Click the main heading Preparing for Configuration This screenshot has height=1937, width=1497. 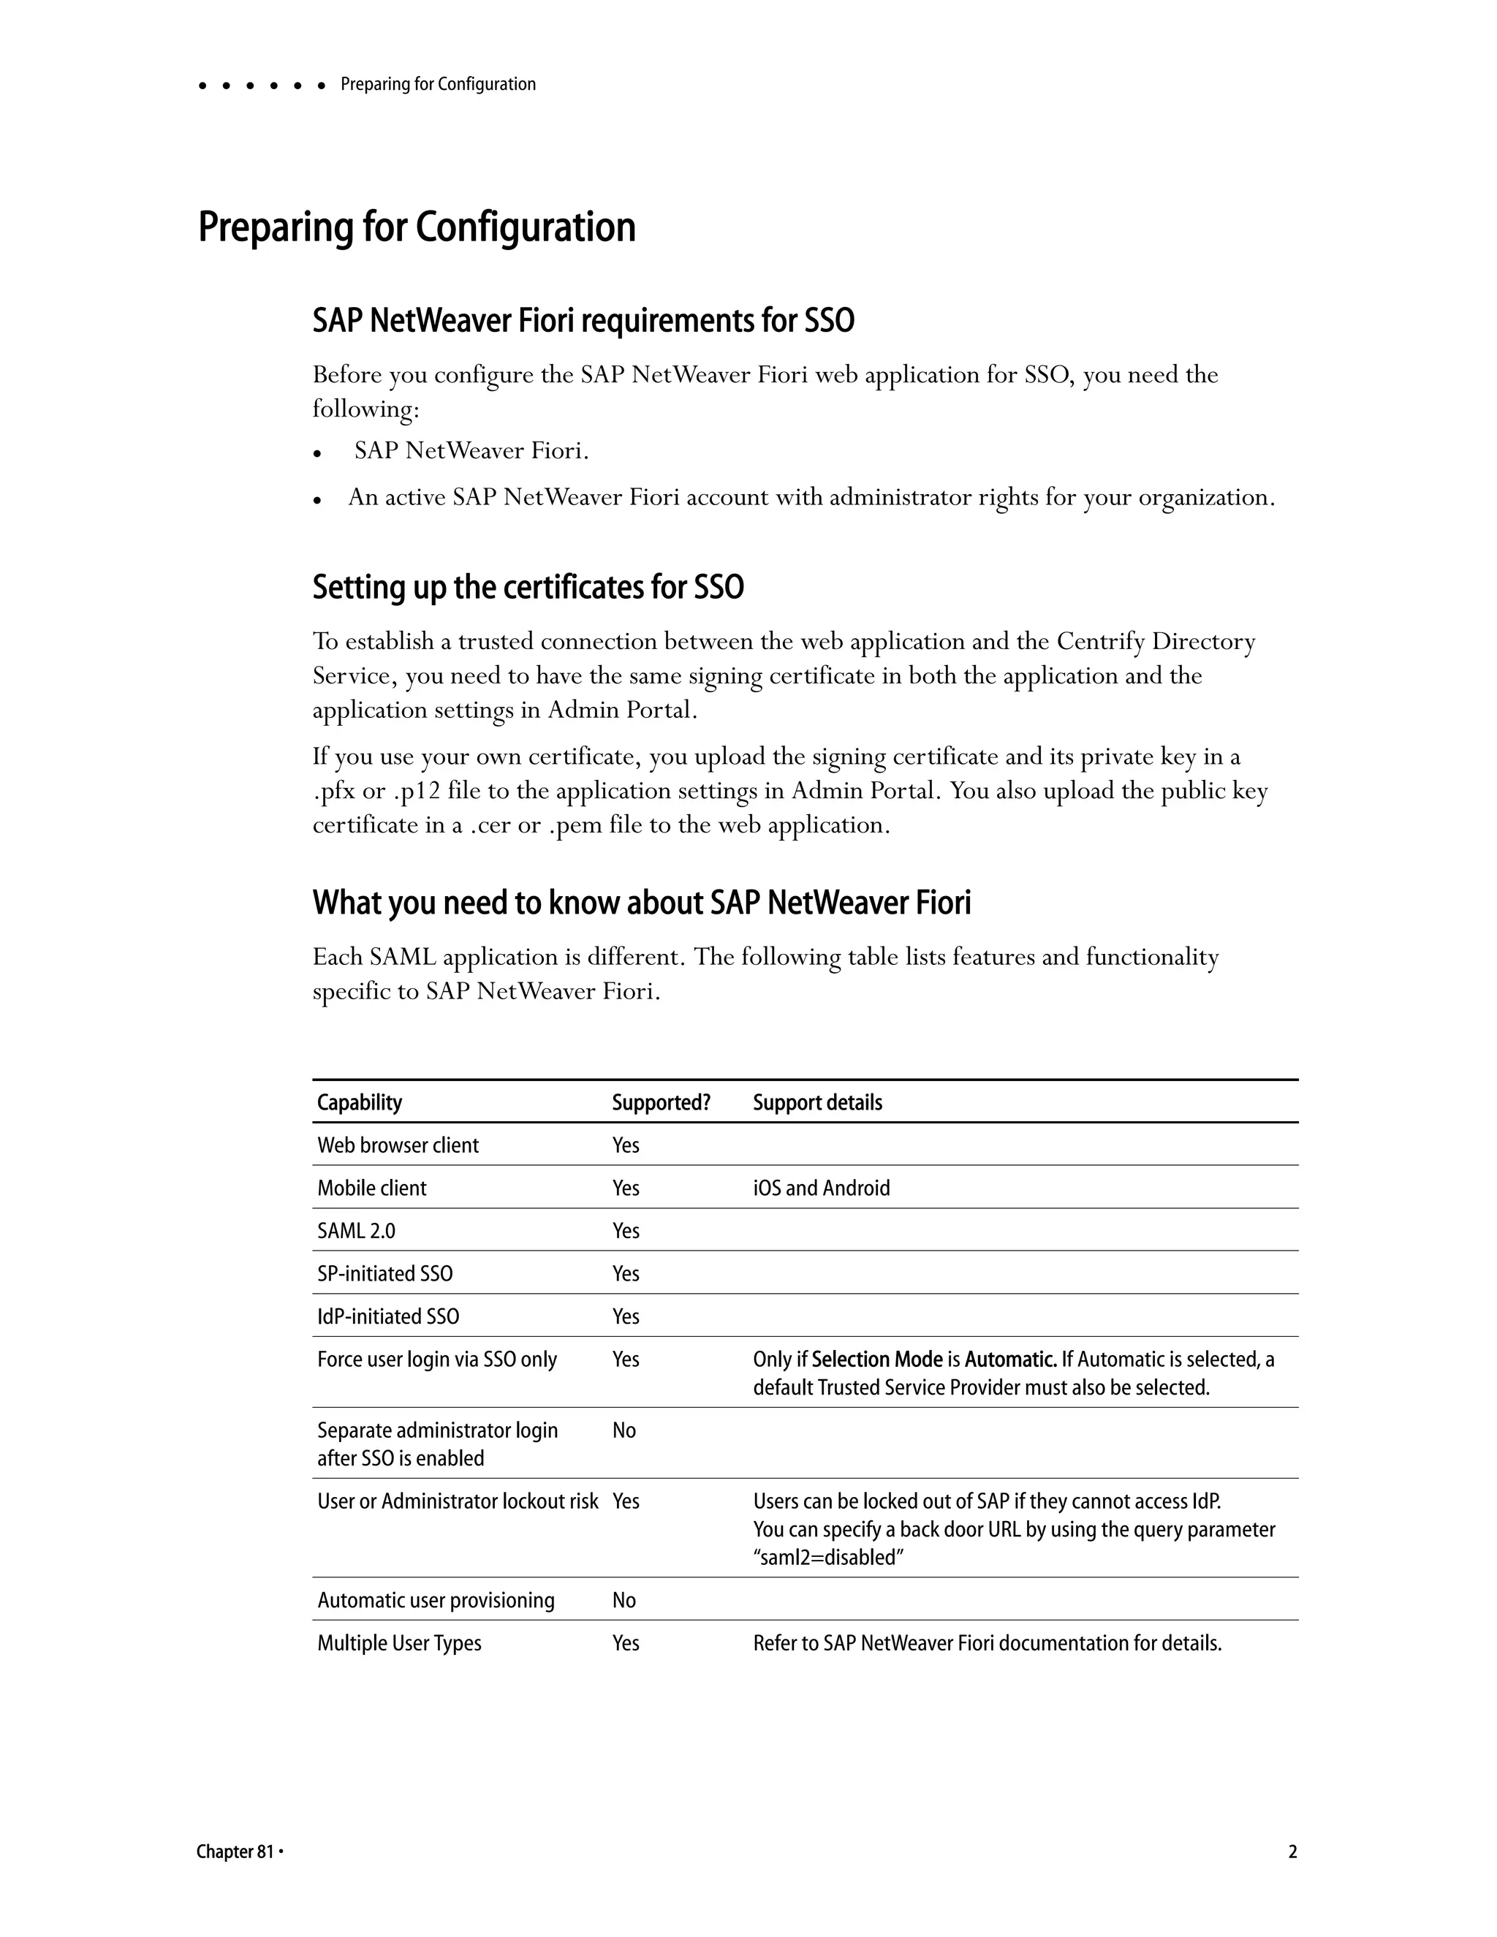[416, 227]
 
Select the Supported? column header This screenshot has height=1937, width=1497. [661, 1102]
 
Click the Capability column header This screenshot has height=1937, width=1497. [359, 1102]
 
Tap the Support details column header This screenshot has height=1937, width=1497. [816, 1102]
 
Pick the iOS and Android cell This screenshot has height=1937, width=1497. [820, 1189]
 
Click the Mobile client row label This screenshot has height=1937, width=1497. [371, 1189]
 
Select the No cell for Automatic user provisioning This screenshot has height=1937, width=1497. [624, 1600]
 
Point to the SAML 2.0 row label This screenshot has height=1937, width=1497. [357, 1231]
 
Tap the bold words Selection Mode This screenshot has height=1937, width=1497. [876, 1360]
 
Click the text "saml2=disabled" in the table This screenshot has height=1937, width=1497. [828, 1558]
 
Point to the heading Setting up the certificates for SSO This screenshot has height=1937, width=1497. [528, 587]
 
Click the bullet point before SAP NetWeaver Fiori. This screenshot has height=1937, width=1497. [317, 453]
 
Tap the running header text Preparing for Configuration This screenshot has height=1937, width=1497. [438, 84]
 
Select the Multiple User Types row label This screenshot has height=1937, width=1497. [399, 1643]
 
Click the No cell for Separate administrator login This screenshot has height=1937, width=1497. [624, 1430]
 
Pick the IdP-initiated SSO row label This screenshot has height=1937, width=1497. [388, 1317]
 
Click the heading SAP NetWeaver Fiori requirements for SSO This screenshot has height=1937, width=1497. [583, 320]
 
